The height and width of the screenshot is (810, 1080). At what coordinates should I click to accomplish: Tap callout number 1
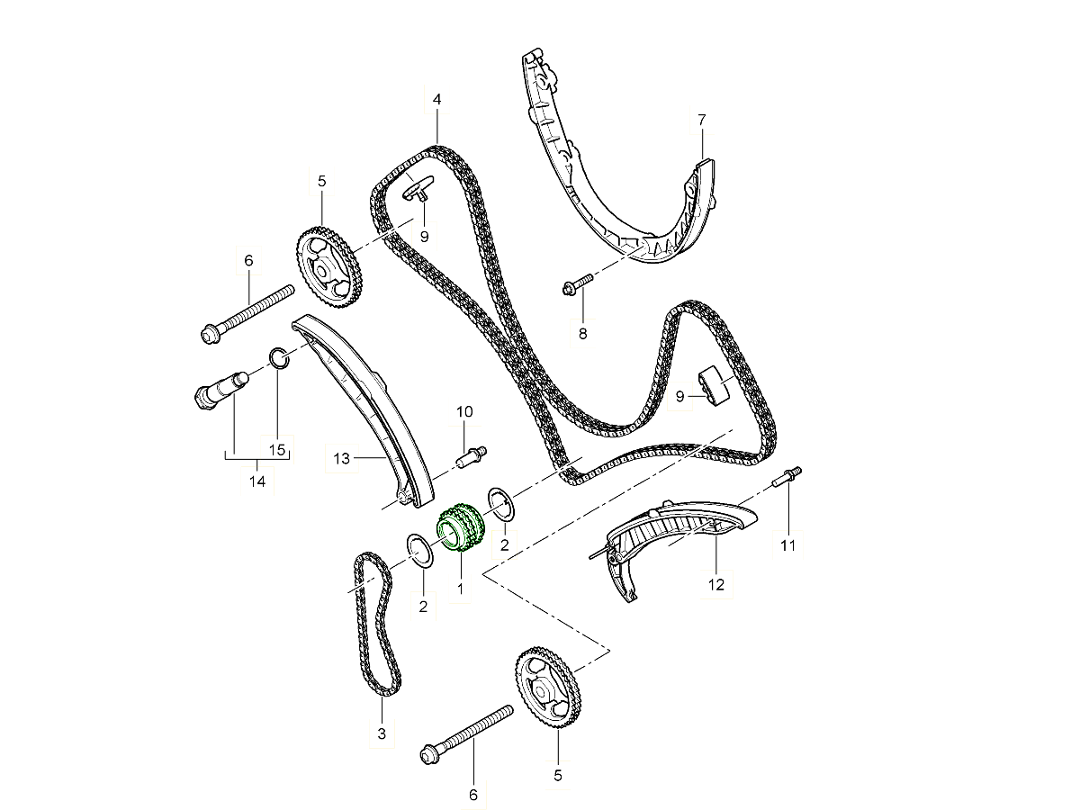460,589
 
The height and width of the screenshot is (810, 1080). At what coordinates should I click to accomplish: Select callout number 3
382,733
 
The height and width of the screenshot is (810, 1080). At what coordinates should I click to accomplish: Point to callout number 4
436,100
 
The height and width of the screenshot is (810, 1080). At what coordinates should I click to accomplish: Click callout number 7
702,120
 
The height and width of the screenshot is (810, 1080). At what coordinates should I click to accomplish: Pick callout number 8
582,334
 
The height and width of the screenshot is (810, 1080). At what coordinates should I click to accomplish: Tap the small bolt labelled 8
578,283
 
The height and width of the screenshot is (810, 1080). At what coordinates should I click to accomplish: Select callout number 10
464,411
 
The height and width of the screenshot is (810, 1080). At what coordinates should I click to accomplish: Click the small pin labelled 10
472,457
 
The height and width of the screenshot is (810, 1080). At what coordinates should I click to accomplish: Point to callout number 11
787,544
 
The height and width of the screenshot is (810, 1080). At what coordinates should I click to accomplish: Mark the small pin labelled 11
787,478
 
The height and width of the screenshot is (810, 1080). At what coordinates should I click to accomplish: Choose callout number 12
716,585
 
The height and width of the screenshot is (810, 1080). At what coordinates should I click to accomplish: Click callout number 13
341,459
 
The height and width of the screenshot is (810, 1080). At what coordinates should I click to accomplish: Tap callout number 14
257,481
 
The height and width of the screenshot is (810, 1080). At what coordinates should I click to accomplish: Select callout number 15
277,450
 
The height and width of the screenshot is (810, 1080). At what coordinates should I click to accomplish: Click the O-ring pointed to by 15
279,358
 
